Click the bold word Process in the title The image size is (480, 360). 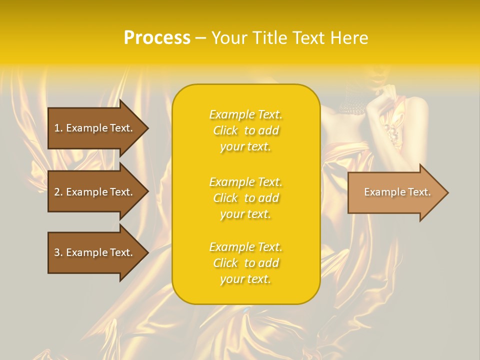pyautogui.click(x=157, y=38)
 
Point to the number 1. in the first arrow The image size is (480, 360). pyautogui.click(x=58, y=128)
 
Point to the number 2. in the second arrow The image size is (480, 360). pyautogui.click(x=58, y=192)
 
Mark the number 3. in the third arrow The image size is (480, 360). pyautogui.click(x=58, y=252)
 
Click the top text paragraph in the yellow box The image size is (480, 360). pyautogui.click(x=245, y=130)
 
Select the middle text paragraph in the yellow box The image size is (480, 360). pyautogui.click(x=245, y=198)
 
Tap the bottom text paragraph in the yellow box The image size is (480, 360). pyautogui.click(x=245, y=263)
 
